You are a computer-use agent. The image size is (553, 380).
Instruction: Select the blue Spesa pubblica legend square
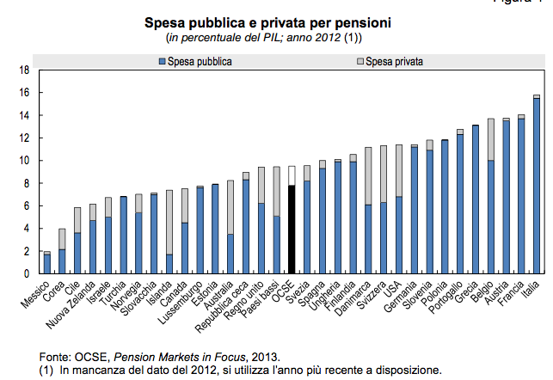tap(162, 62)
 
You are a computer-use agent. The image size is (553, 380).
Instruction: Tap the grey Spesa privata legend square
tap(359, 62)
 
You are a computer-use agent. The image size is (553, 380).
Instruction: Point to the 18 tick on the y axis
tap(25, 70)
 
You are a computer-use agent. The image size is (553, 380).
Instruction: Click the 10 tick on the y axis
tap(25, 161)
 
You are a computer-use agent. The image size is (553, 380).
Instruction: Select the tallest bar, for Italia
tap(536, 186)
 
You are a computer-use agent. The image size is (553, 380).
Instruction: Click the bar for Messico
tap(47, 264)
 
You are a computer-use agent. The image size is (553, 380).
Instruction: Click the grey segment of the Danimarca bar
tap(368, 175)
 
